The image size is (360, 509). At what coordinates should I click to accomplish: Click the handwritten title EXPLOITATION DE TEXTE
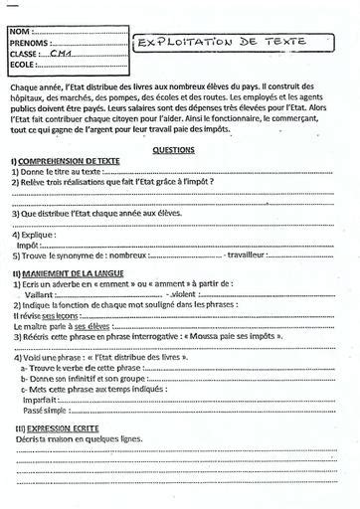coord(220,45)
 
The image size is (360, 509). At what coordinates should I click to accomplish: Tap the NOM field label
coord(21,32)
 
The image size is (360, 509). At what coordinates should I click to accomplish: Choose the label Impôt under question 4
coord(29,244)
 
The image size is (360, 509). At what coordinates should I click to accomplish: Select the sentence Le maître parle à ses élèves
coord(60,324)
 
